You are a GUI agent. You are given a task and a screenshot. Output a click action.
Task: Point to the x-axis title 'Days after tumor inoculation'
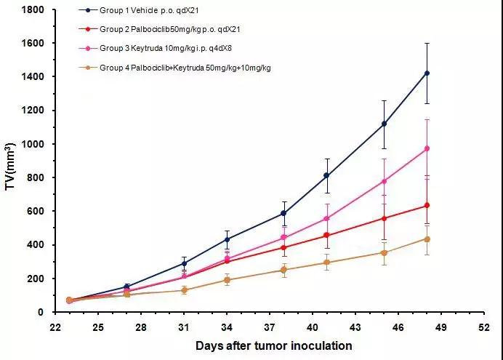274,345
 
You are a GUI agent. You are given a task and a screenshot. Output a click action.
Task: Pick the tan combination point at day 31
184,290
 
